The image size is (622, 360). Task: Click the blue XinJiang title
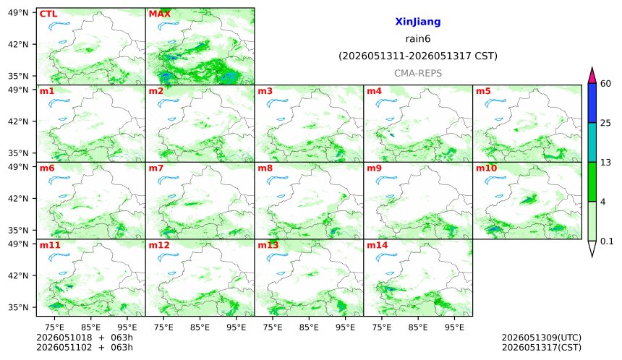418,22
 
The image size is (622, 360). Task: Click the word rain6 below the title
418,39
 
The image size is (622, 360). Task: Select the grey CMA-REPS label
418,73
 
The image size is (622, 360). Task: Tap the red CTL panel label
48,14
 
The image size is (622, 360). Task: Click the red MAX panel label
159,14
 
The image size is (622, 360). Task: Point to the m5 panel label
483,91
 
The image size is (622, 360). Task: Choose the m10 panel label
486,168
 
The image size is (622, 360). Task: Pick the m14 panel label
377,245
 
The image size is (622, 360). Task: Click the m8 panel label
265,168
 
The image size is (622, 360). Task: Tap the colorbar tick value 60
605,84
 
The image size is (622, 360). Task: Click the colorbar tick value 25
605,124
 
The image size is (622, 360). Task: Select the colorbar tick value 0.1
607,241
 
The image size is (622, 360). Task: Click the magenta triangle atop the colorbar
592,76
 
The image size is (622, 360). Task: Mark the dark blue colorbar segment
592,103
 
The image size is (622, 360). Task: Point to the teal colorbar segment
592,142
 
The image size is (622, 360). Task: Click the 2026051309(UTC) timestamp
542,338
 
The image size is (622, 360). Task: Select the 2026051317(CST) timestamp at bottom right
542,348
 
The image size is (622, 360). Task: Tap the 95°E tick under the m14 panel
454,327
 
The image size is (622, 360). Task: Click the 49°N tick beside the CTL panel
18,13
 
